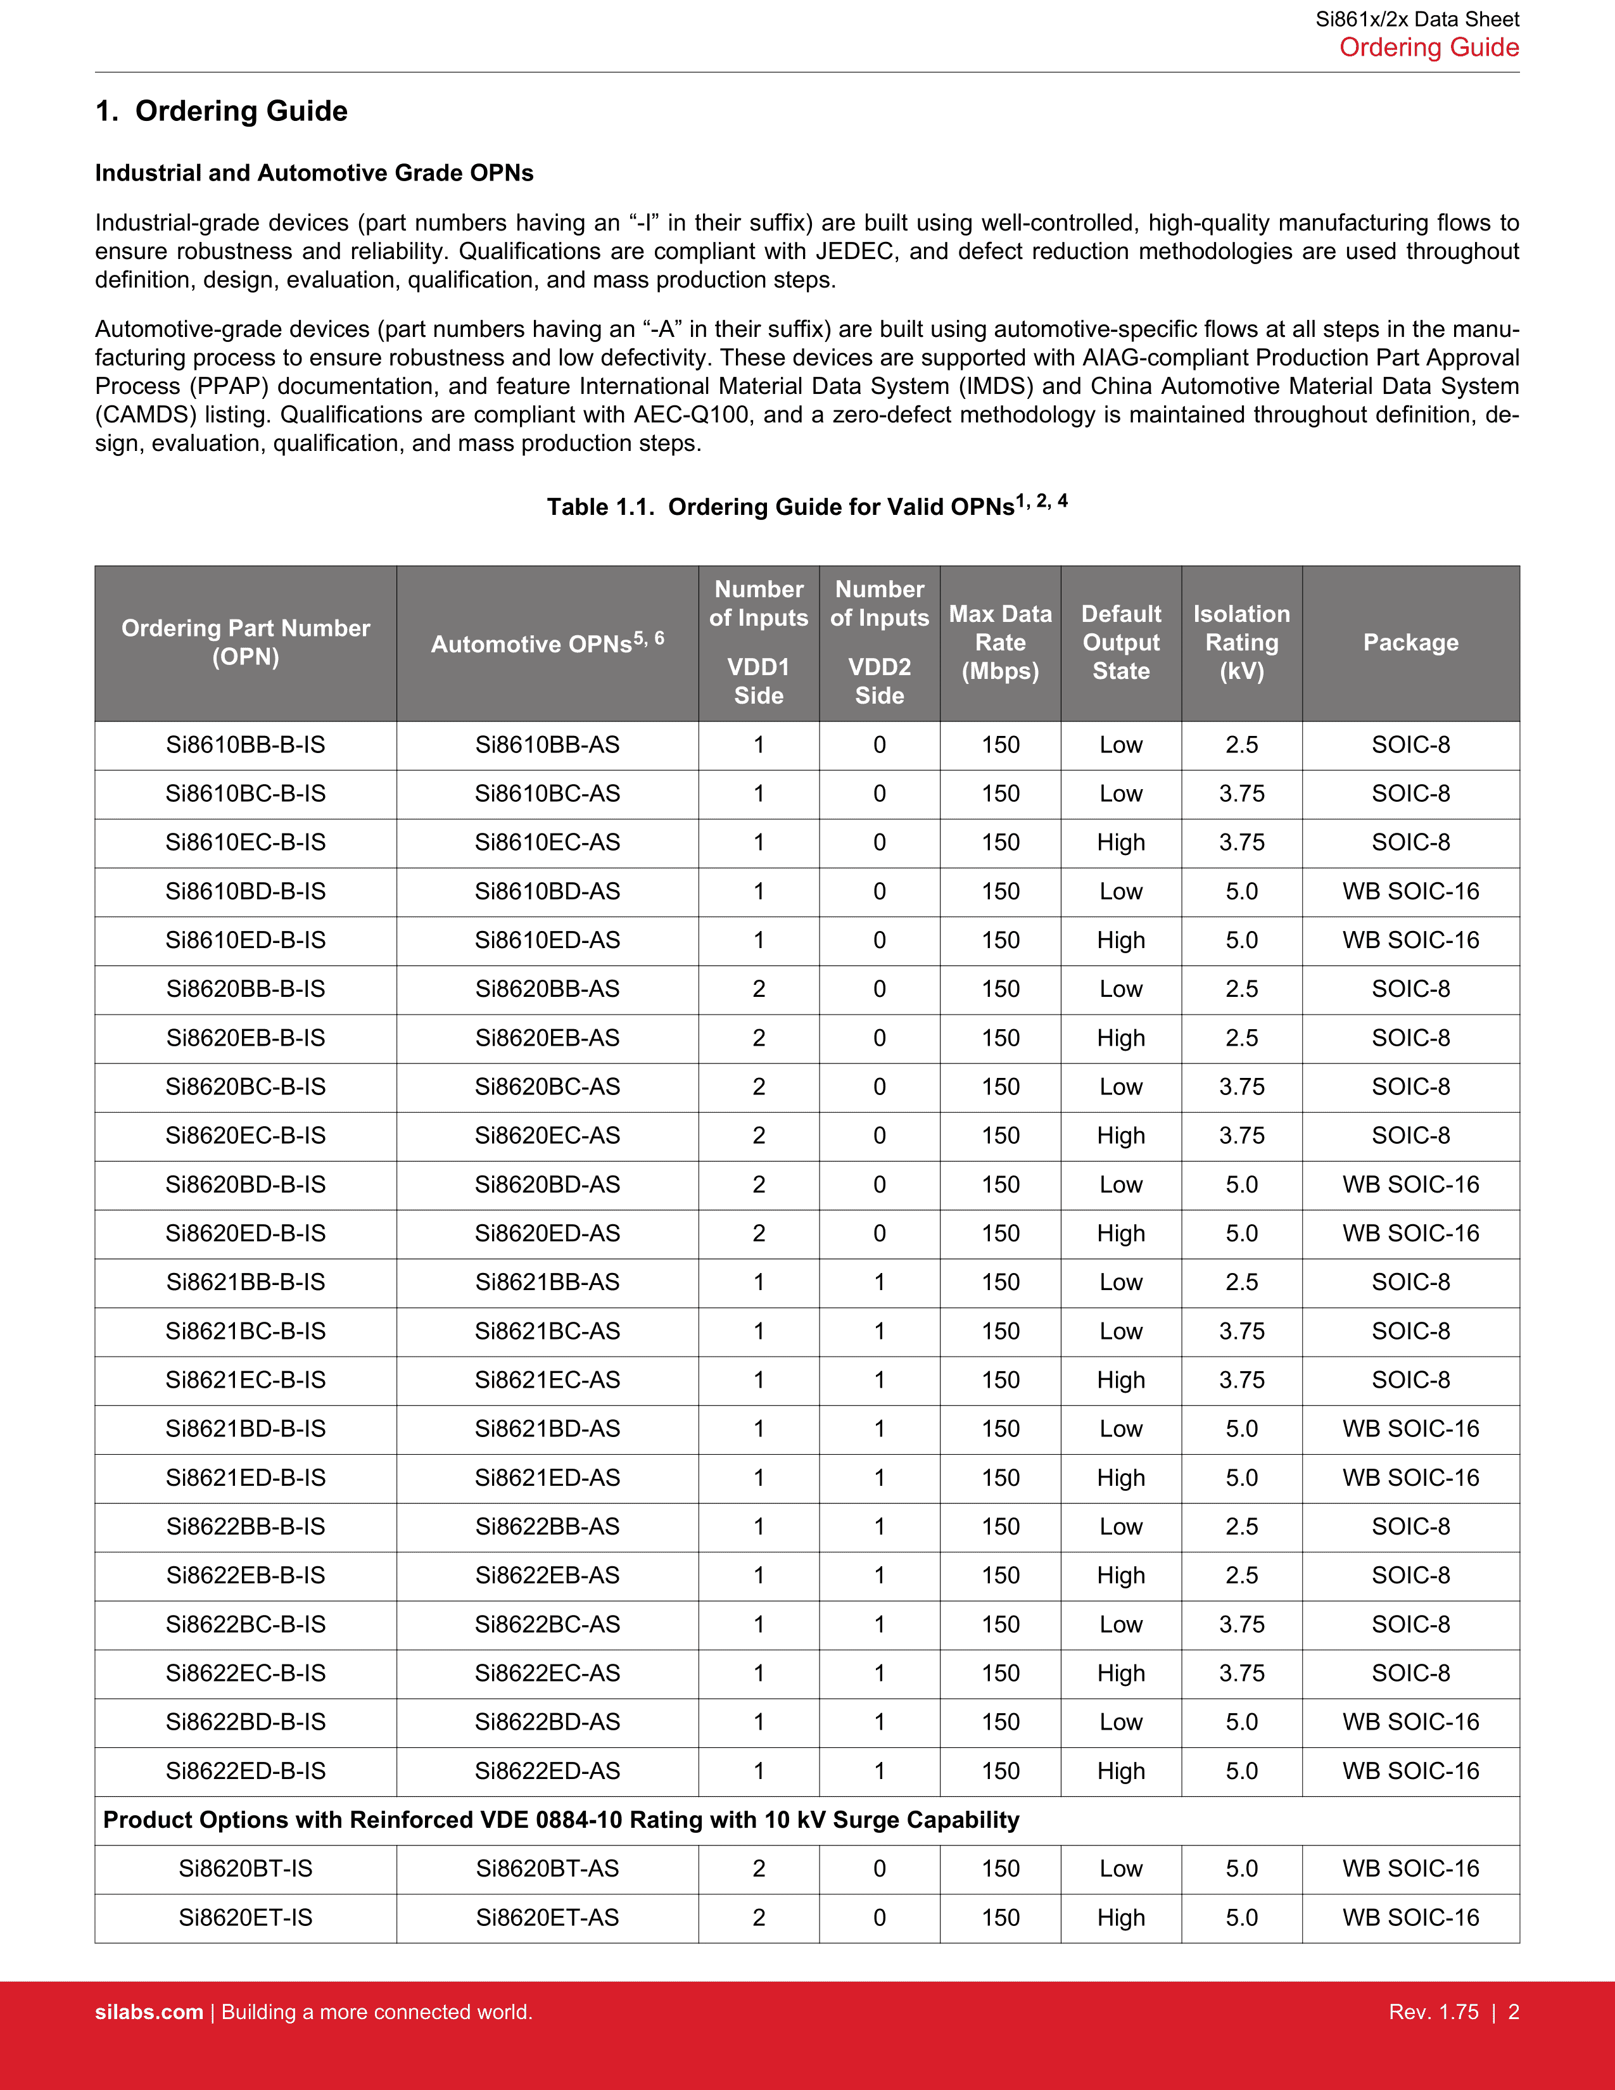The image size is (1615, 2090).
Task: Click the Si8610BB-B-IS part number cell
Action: click(245, 745)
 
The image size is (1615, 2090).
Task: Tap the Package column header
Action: click(1410, 642)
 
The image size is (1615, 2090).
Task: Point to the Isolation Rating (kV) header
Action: click(1241, 642)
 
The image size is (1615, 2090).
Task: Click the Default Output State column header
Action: click(1120, 642)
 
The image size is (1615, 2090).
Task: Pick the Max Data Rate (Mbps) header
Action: click(1000, 642)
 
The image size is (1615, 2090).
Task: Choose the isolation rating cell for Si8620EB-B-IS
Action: click(1241, 1037)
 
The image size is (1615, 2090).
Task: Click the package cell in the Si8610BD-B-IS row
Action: click(1410, 891)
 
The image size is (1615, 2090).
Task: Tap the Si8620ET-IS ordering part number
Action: click(245, 1917)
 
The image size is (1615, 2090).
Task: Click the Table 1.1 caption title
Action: click(806, 505)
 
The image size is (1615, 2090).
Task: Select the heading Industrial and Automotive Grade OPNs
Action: click(313, 173)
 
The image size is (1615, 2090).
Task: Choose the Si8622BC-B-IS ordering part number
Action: click(245, 1624)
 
